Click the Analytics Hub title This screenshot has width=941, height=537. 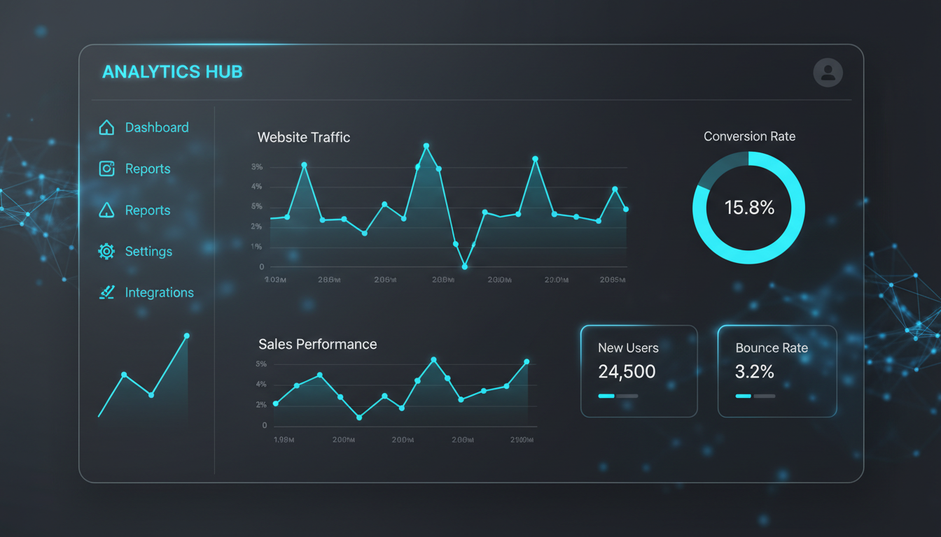[172, 72]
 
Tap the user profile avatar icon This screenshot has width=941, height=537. [828, 73]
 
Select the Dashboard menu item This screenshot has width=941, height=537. [156, 127]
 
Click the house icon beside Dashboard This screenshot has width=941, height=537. [106, 127]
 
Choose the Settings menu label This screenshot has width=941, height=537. [148, 251]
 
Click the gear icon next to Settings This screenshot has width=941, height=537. [106, 251]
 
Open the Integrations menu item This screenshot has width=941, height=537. [159, 292]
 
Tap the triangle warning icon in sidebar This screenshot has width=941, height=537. [106, 210]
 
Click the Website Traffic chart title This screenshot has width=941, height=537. [303, 137]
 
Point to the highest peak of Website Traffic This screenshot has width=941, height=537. [426, 146]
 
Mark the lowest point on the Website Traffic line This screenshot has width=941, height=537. [465, 266]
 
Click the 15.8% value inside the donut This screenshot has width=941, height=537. [749, 208]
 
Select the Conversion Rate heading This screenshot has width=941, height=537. [749, 136]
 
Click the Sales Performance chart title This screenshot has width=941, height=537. [317, 344]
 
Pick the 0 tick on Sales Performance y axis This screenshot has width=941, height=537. [264, 425]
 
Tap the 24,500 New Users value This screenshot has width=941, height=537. [627, 371]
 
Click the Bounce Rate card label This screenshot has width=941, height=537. [771, 348]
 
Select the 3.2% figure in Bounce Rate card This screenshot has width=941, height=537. [754, 371]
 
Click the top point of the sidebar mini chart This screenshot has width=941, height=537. [186, 336]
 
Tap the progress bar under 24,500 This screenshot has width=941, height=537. [618, 396]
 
